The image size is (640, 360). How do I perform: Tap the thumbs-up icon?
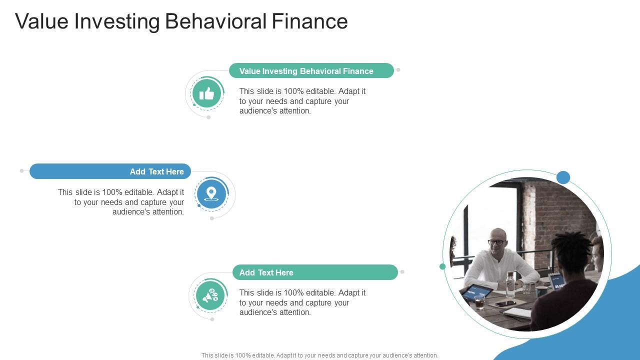(206, 93)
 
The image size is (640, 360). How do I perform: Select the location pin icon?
(211, 194)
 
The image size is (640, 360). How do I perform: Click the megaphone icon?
(210, 295)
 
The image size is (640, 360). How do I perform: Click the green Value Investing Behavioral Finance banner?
(311, 71)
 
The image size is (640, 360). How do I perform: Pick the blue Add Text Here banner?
(110, 171)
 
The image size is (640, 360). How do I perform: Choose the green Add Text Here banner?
(315, 272)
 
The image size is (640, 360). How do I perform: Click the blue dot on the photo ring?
(563, 177)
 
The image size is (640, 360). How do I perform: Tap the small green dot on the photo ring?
(442, 266)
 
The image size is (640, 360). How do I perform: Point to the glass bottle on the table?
(510, 285)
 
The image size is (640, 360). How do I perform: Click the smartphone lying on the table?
(505, 303)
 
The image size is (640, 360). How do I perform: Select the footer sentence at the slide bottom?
(320, 355)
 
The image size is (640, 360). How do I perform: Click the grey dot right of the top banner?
(398, 70)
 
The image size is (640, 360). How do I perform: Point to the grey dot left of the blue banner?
(21, 171)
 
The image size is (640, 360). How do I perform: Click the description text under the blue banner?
(121, 202)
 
